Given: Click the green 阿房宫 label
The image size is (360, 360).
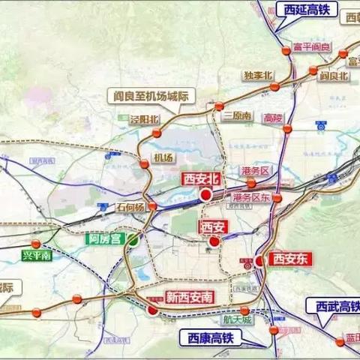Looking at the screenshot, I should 103,240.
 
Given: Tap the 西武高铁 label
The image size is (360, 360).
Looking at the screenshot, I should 334,306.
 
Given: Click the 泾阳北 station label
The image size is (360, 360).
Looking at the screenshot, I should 145,118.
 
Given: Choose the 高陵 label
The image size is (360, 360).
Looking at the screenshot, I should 274,118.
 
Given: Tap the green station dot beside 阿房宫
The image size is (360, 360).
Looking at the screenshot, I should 132,240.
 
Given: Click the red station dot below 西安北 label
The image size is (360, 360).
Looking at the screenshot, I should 205,195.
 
